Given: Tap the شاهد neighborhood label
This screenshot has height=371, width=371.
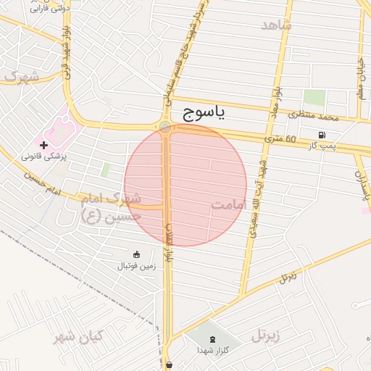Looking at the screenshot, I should (x=275, y=25).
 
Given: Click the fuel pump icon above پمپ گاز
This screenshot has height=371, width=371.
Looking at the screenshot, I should (x=321, y=135).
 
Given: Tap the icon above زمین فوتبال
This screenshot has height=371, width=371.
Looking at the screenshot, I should (x=137, y=254).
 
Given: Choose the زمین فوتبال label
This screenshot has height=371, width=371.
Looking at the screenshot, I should (x=137, y=266).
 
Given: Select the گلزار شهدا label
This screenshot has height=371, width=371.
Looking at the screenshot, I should (x=212, y=350).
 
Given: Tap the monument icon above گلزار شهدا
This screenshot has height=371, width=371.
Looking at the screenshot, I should (x=212, y=339).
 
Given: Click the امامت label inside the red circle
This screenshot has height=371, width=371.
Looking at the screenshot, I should (x=229, y=205).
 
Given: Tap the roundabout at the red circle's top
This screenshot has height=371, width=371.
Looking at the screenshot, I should (x=166, y=128).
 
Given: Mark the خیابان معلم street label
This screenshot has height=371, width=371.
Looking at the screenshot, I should (x=360, y=80).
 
